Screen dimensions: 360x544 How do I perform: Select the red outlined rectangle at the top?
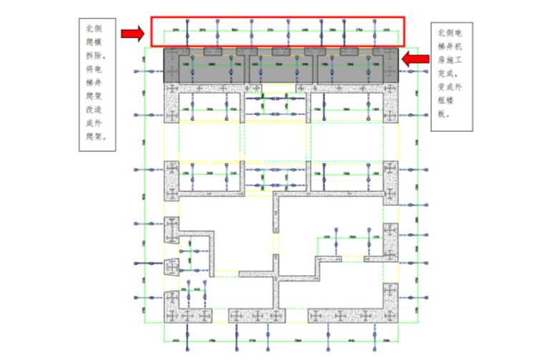[278, 31]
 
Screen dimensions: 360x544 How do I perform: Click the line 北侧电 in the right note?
[450, 34]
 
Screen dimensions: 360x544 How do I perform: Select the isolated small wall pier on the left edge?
[171, 267]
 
